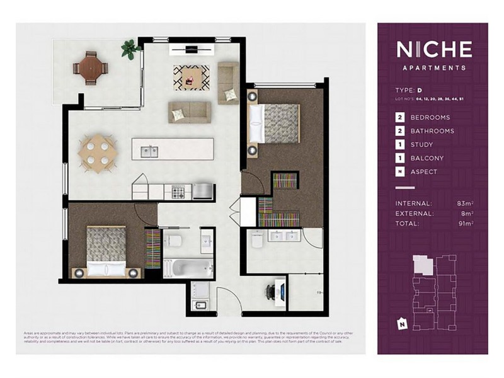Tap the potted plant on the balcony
(130, 49)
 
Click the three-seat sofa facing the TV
(188, 112)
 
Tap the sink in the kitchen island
(149, 151)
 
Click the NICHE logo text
(433, 49)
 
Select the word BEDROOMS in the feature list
(430, 117)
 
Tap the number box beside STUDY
(399, 145)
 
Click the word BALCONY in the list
(427, 159)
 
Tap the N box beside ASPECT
(399, 172)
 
